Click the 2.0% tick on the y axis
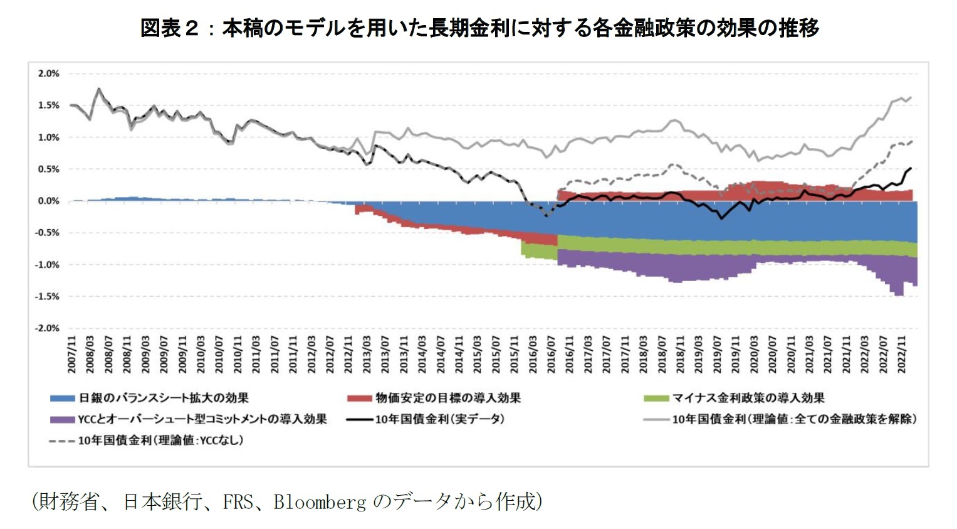(x=48, y=73)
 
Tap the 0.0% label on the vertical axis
(x=48, y=201)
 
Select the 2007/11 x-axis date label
(x=72, y=355)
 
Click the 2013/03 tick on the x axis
(x=367, y=355)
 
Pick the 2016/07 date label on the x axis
(x=552, y=355)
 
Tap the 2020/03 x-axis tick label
(x=755, y=355)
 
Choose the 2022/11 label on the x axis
(x=902, y=355)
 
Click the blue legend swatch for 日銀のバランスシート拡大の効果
(x=62, y=398)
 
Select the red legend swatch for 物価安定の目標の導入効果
(x=359, y=398)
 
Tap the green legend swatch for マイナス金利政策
(x=656, y=398)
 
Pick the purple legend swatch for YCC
(x=62, y=419)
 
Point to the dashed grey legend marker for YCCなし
(x=62, y=441)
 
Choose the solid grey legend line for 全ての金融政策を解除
(x=656, y=419)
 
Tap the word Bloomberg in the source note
(x=320, y=502)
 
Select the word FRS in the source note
(x=238, y=502)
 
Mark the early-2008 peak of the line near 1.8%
(x=99, y=88)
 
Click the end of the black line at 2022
(x=910, y=168)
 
